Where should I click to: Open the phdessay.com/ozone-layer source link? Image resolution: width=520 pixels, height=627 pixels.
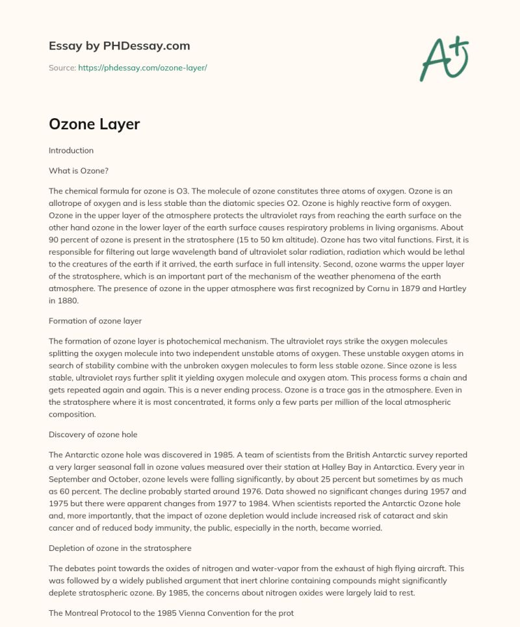tap(142, 68)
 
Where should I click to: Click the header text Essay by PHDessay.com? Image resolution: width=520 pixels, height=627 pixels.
tap(119, 46)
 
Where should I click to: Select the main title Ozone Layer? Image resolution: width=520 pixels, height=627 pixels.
tap(94, 124)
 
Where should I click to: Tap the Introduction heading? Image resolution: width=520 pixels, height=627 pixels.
tap(71, 150)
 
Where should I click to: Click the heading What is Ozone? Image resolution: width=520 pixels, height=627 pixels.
tap(78, 171)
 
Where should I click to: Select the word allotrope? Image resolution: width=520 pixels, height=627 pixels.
tap(68, 203)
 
